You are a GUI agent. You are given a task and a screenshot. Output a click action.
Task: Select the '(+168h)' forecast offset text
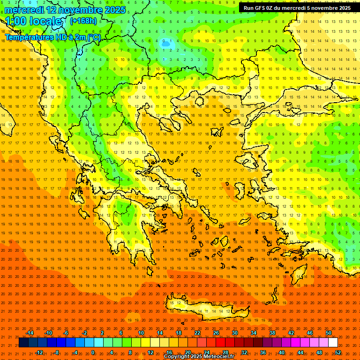83,21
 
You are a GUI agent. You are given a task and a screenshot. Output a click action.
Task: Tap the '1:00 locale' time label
33,21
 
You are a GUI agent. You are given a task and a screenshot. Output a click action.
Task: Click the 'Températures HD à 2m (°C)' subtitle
53,37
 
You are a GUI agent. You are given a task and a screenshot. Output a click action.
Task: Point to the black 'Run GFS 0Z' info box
297,8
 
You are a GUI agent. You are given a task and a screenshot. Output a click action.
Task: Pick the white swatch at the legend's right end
333,343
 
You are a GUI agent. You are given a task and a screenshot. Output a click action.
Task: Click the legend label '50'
329,333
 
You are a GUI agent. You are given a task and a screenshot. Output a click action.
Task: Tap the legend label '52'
338,352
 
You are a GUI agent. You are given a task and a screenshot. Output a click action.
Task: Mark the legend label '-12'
39,352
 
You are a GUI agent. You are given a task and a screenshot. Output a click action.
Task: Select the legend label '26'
216,333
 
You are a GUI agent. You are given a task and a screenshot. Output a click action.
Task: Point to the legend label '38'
272,333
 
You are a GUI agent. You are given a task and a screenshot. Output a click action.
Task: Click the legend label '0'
93,352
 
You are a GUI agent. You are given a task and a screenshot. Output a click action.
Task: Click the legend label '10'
141,333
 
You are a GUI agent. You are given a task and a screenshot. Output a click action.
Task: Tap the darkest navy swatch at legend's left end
23,343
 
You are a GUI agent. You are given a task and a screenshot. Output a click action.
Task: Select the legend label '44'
300,352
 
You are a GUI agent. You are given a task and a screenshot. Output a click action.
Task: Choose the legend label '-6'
66,333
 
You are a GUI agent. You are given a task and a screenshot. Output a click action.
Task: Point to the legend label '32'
244,352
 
